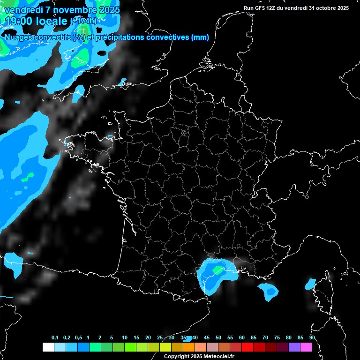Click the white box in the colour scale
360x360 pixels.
click(x=48, y=347)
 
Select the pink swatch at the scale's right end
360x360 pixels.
click(x=306, y=347)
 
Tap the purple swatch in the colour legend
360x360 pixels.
click(x=294, y=347)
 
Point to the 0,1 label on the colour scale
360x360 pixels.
click(x=55, y=337)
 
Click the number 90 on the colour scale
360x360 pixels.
click(x=312, y=337)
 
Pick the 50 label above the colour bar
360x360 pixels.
click(x=218, y=337)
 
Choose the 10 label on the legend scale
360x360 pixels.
click(x=125, y=337)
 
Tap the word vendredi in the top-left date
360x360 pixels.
click(x=23, y=9)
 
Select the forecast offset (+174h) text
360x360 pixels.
click(x=83, y=21)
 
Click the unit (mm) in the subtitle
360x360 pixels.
click(x=200, y=37)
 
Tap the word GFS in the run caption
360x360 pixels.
click(x=262, y=8)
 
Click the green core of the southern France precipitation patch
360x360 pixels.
click(x=218, y=270)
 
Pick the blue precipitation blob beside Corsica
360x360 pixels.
click(x=310, y=284)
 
